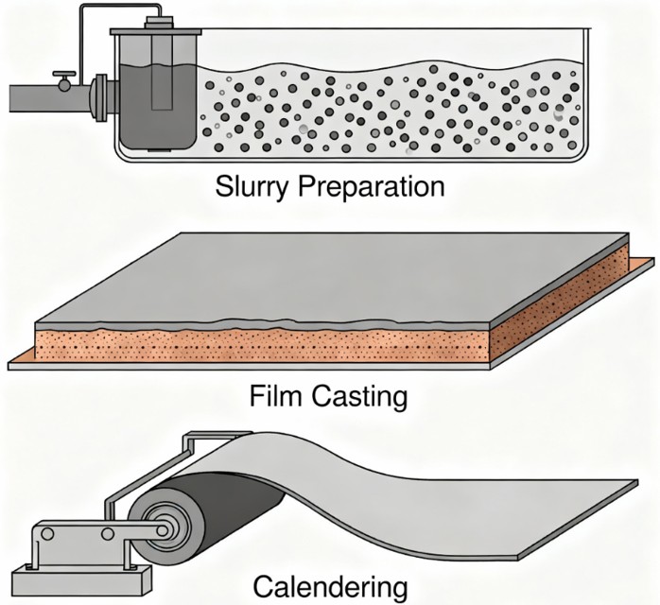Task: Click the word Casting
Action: pyautogui.click(x=362, y=396)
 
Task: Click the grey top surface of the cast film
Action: pyautogui.click(x=331, y=274)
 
